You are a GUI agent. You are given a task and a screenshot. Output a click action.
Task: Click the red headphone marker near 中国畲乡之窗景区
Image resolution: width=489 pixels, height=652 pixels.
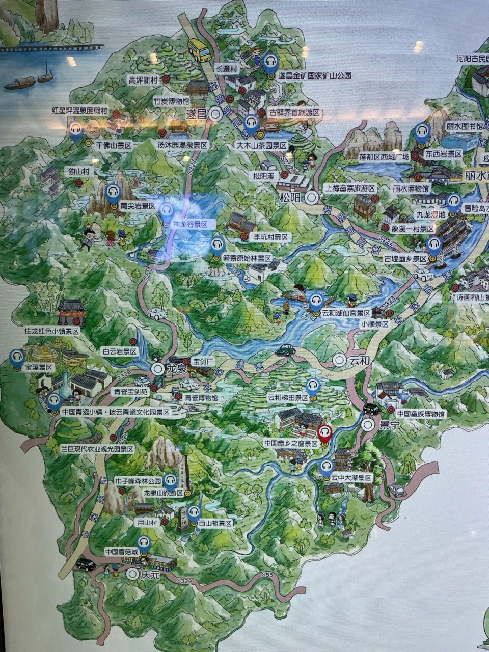coord(324,433)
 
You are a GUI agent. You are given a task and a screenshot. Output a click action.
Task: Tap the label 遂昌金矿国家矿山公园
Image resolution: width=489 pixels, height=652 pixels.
coord(315,76)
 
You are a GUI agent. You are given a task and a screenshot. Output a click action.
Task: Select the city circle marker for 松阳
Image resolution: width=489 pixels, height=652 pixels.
coord(312,198)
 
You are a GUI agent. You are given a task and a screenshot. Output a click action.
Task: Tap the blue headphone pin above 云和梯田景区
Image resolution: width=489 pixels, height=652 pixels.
coord(313,386)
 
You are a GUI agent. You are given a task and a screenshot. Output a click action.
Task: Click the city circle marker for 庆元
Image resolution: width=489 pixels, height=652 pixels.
coord(133,574)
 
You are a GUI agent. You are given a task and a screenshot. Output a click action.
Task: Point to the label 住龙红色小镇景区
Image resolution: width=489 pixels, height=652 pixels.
coord(52,331)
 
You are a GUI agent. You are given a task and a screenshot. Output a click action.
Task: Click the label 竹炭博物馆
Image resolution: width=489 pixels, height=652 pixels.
coord(172,101)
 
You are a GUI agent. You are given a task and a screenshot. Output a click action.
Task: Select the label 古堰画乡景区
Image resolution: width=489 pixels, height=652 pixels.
coord(405,259)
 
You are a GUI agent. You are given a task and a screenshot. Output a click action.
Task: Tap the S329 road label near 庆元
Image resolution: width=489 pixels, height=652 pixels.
coord(184,581)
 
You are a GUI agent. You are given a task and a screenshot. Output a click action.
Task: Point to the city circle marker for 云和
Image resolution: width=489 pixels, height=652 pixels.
coord(340,360)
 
